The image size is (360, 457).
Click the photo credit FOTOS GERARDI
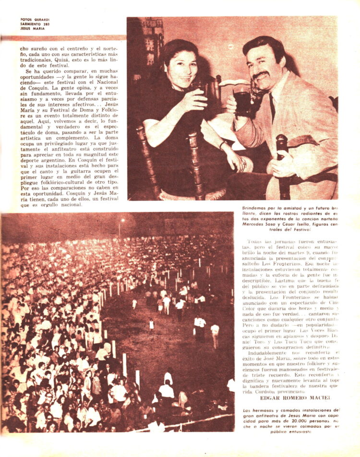click(36, 20)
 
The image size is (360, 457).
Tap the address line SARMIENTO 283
click(36, 24)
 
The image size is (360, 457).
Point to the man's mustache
click(262, 74)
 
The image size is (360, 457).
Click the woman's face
click(181, 66)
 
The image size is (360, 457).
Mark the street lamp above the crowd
click(122, 220)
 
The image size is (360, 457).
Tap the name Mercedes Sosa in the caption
click(258, 224)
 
